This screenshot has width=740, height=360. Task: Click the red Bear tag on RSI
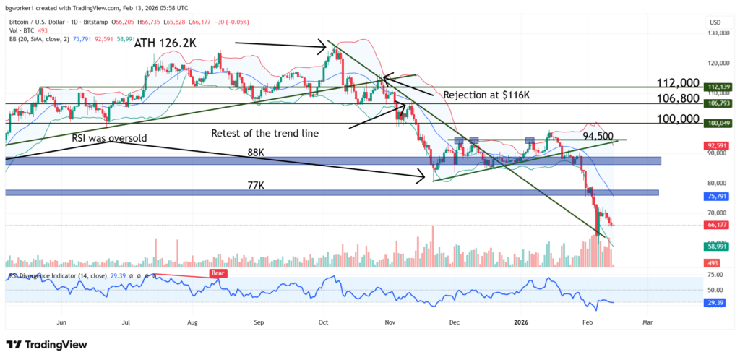point(218,273)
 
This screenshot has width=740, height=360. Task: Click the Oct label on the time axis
point(324,320)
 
